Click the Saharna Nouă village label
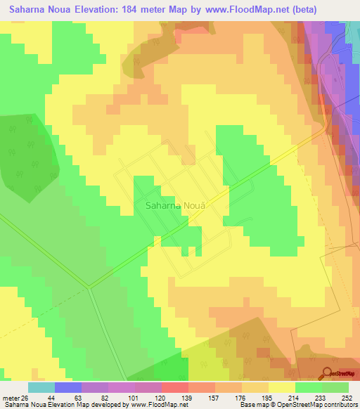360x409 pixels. (x=178, y=207)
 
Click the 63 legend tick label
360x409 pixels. (x=78, y=397)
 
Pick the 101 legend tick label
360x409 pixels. (x=132, y=397)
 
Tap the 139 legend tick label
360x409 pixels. (x=186, y=397)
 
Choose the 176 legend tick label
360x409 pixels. (x=240, y=397)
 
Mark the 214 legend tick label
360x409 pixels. (x=294, y=397)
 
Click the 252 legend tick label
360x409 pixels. (x=347, y=397)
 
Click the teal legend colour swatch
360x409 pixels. (x=41, y=387)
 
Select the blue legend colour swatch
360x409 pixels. (x=68, y=387)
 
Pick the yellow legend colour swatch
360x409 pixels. (x=282, y=387)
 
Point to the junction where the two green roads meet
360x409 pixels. (x=89, y=286)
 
